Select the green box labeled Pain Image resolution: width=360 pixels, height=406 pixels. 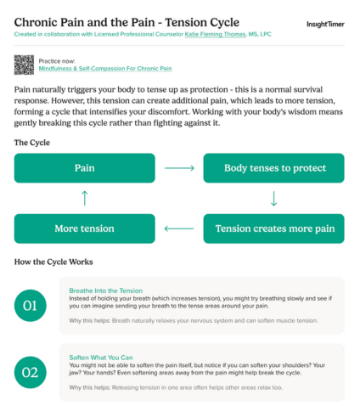click(84, 168)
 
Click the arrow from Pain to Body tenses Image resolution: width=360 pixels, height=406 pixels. click(179, 168)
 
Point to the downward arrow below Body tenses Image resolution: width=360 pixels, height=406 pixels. click(273, 199)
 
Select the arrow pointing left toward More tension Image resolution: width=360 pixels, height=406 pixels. click(179, 228)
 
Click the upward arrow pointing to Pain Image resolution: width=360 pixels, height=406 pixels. click(84, 199)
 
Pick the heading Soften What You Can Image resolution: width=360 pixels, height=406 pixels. click(100, 356)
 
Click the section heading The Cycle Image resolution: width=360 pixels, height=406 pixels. click(33, 142)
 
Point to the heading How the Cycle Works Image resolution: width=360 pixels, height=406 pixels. click(54, 261)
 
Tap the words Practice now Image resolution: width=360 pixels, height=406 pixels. click(57, 61)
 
